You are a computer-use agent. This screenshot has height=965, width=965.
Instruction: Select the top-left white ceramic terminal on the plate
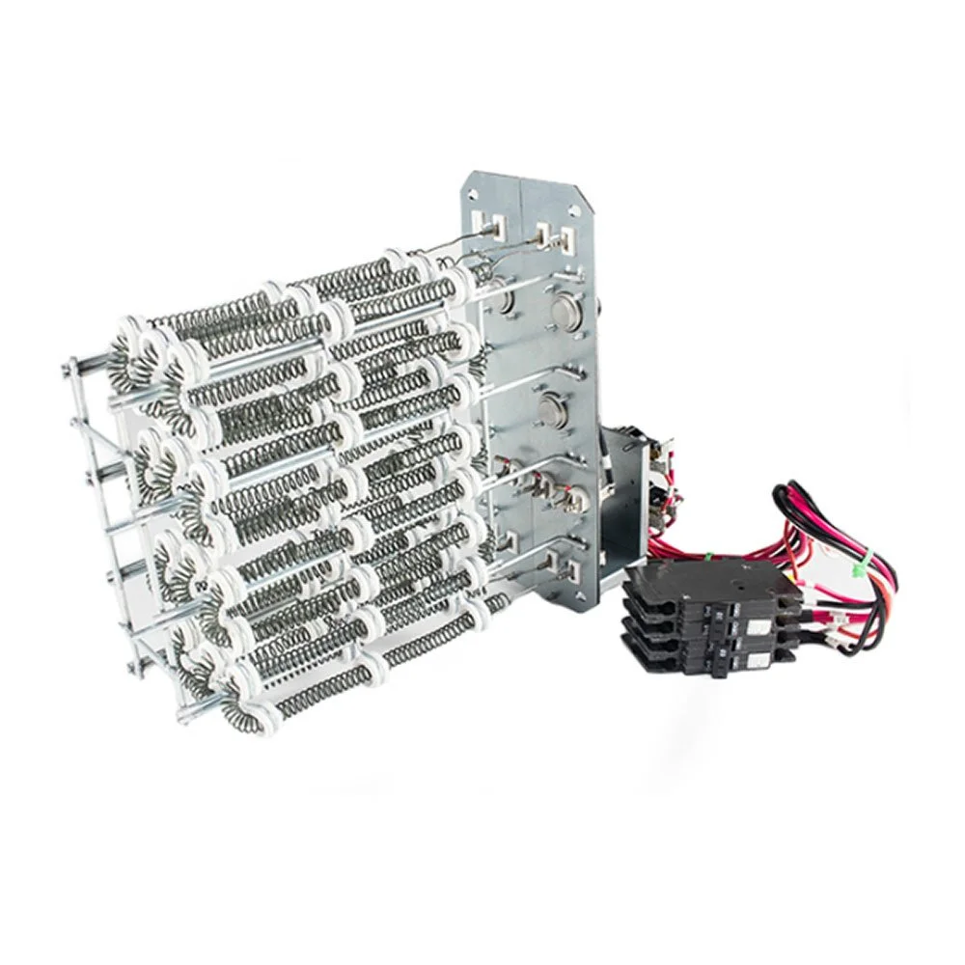[x=498, y=227]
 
